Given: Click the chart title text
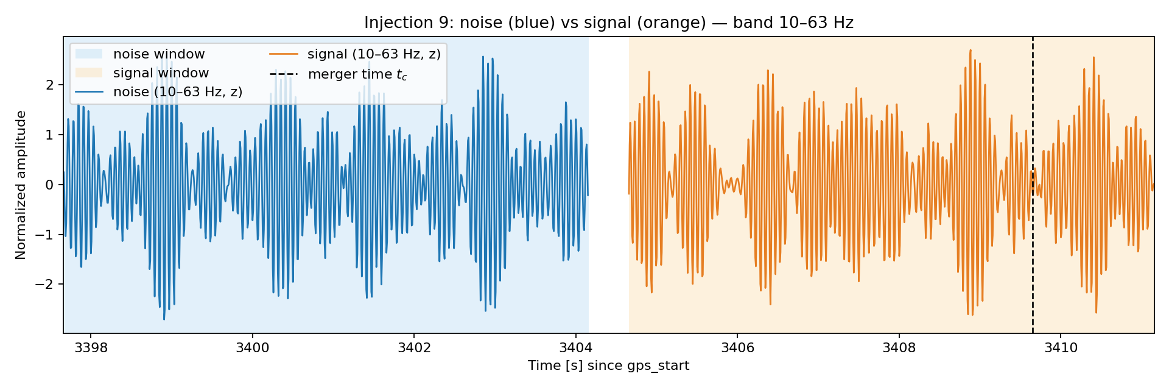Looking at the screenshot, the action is [608, 23].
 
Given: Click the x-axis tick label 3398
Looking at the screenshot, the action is [91, 348].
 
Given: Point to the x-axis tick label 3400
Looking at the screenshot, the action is [252, 348].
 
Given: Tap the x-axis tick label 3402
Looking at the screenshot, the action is [414, 348].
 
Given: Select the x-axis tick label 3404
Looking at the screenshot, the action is [575, 348].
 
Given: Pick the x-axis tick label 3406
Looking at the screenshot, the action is [737, 348].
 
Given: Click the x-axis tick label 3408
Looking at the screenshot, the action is [899, 348].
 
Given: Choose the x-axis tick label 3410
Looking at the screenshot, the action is [1061, 348].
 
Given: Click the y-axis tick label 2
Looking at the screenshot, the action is [51, 85].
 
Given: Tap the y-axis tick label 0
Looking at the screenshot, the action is [51, 185].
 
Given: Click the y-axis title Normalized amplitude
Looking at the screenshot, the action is [21, 185].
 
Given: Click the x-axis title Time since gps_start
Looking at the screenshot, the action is [608, 366].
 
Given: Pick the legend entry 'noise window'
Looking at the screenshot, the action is [140, 54].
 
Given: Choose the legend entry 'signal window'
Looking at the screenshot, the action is [142, 73].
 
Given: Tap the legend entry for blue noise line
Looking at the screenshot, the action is [159, 92].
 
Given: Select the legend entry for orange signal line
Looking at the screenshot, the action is [355, 54].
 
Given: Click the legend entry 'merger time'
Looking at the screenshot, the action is [339, 74].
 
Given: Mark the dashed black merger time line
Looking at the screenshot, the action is [1033, 185].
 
